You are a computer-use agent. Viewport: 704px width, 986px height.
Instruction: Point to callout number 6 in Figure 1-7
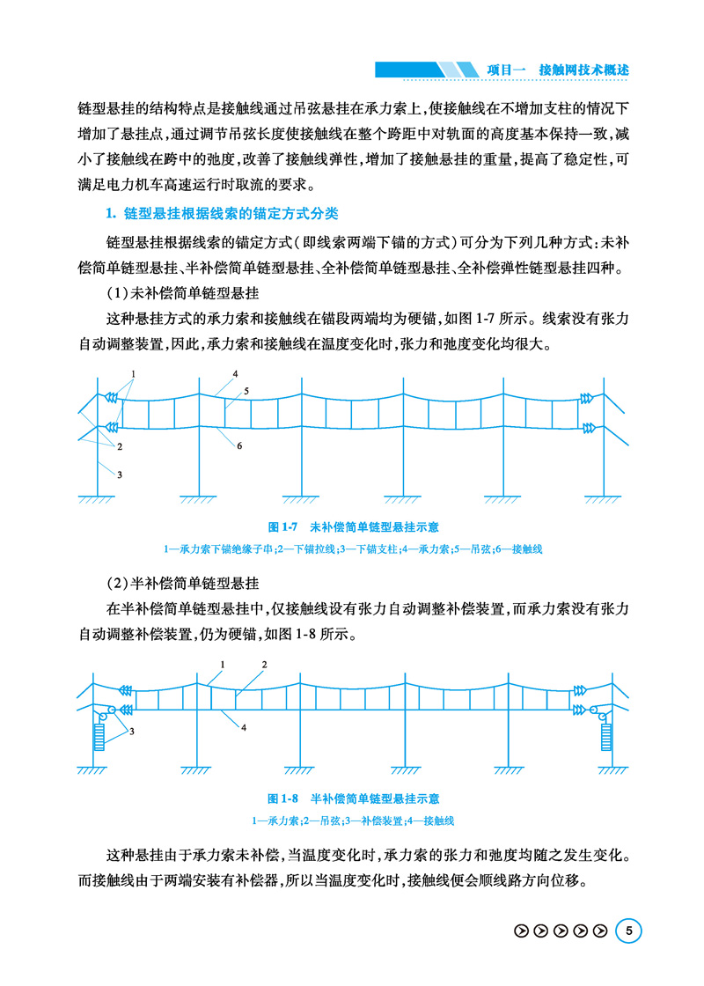point(238,446)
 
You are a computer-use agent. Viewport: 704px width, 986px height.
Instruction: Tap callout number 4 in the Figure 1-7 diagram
point(236,374)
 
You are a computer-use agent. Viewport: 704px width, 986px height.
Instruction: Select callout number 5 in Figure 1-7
point(247,389)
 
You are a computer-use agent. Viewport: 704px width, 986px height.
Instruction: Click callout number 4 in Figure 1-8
point(243,727)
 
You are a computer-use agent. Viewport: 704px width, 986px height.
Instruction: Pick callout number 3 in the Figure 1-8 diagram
point(132,731)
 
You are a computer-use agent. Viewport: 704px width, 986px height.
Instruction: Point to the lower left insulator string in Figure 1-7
point(112,428)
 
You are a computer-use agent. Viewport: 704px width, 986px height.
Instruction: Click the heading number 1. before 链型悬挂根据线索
point(111,215)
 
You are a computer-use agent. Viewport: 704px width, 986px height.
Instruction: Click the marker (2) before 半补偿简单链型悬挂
point(117,584)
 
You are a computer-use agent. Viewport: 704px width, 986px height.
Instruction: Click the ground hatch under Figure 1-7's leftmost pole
point(96,501)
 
